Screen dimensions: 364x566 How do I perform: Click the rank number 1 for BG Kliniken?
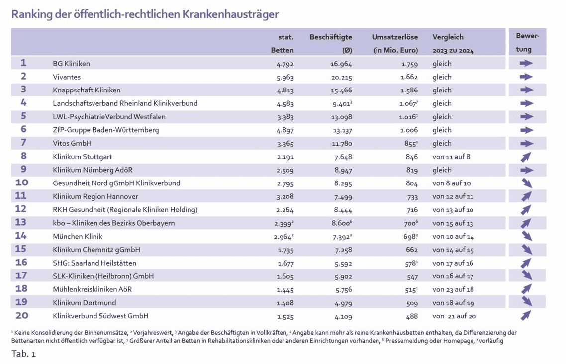(23, 63)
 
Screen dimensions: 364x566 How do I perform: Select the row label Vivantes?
(67, 77)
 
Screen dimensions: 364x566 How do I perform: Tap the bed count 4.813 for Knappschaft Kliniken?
(285, 91)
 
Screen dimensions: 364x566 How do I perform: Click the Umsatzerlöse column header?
(395, 37)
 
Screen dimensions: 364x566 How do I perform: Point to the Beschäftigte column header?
(331, 37)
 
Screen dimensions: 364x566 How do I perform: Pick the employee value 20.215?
(342, 77)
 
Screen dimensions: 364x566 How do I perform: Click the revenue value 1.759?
(409, 64)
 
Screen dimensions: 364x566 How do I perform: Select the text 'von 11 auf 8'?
(451, 157)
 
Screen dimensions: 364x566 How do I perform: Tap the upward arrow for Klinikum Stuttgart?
(526, 157)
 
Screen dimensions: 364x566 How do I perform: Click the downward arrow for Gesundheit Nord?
(526, 183)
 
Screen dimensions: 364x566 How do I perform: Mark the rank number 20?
(22, 315)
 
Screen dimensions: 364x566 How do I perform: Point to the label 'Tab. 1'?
(23, 354)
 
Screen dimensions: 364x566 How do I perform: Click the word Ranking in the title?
(32, 14)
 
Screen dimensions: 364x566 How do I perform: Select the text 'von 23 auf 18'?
(453, 289)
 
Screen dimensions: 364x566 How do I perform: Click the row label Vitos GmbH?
(72, 143)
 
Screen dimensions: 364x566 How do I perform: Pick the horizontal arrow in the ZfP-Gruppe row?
(526, 130)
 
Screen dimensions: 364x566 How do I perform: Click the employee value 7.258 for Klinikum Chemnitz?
(342, 250)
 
